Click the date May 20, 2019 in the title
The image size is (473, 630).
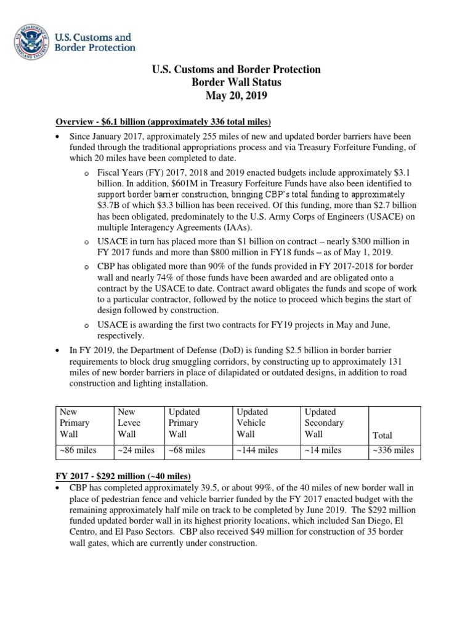click(236, 97)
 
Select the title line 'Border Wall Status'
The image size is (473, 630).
click(236, 83)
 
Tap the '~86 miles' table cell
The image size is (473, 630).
click(78, 450)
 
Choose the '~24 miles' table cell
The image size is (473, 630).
click(136, 450)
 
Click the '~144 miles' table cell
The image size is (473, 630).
click(257, 450)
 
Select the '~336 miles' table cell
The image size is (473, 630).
click(392, 450)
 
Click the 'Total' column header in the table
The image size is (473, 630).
click(382, 436)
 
